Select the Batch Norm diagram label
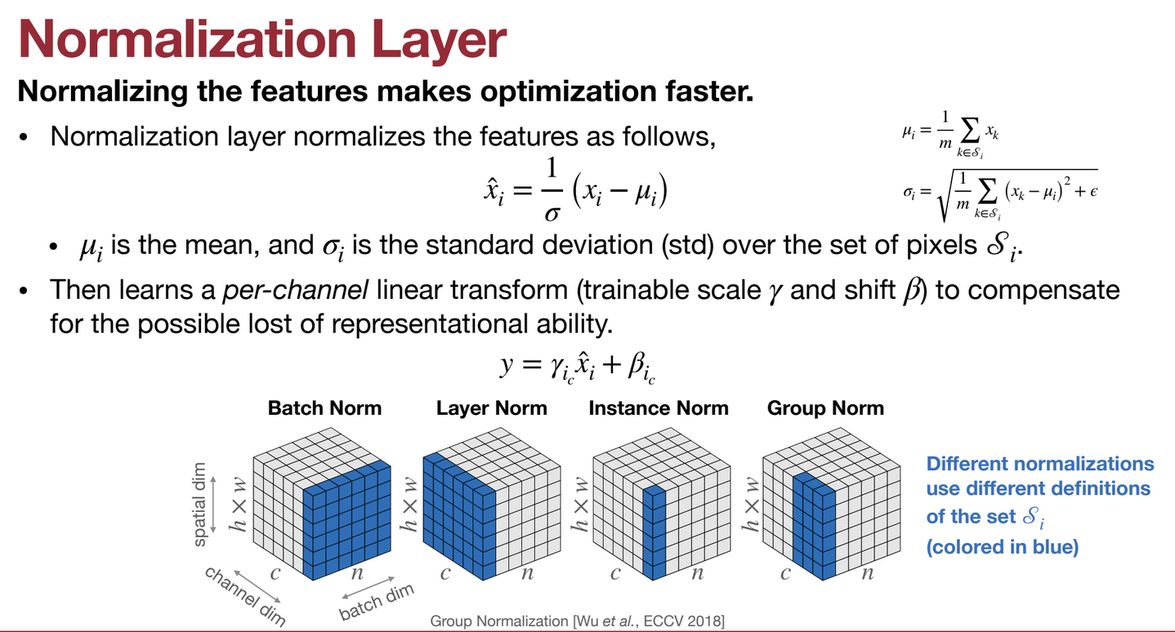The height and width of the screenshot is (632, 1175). click(324, 408)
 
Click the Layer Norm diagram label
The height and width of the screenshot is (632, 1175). click(492, 408)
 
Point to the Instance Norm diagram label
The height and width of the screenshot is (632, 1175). click(659, 408)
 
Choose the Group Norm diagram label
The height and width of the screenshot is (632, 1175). click(825, 408)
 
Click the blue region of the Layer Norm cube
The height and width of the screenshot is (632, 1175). click(459, 517)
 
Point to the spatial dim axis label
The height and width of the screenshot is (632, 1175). click(199, 505)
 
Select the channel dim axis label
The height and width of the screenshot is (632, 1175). click(245, 596)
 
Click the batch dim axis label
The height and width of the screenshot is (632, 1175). click(376, 602)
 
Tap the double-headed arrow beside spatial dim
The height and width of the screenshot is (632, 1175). click(213, 505)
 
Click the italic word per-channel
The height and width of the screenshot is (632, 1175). click(295, 290)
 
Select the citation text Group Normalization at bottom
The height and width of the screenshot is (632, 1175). click(499, 621)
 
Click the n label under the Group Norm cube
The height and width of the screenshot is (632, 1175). click(868, 572)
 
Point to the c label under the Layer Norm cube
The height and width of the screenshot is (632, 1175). click(445, 572)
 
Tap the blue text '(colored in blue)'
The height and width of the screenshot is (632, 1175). click(1003, 546)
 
